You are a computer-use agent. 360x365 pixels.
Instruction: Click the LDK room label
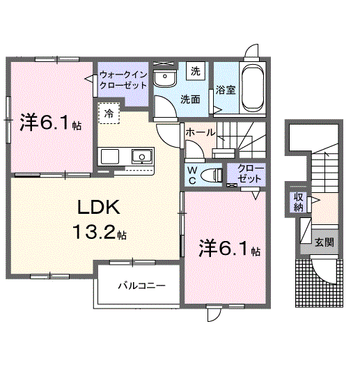[99, 207]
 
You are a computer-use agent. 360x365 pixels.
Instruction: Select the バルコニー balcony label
[142, 286]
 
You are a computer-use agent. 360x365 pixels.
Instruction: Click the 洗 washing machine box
[196, 71]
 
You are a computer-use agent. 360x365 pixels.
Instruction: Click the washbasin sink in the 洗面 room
[165, 77]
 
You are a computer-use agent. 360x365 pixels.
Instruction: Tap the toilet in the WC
[211, 175]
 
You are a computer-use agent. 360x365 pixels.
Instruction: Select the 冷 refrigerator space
[109, 114]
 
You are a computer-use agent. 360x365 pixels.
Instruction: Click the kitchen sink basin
[142, 156]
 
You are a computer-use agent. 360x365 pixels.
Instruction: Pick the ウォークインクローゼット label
[123, 80]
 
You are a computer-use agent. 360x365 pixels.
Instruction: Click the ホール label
[201, 132]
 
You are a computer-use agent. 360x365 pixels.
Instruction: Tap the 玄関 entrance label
[324, 242]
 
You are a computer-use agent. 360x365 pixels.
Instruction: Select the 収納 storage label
[299, 202]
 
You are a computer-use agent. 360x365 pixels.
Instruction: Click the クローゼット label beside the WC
[251, 173]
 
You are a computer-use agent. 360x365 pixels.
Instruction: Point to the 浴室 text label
[226, 90]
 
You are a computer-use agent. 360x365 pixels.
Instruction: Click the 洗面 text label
[190, 100]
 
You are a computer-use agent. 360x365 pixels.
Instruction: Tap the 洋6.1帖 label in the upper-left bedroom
[50, 123]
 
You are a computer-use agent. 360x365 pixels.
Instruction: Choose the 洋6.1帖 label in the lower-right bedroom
[230, 249]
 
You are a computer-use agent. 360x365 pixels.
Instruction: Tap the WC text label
[192, 176]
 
